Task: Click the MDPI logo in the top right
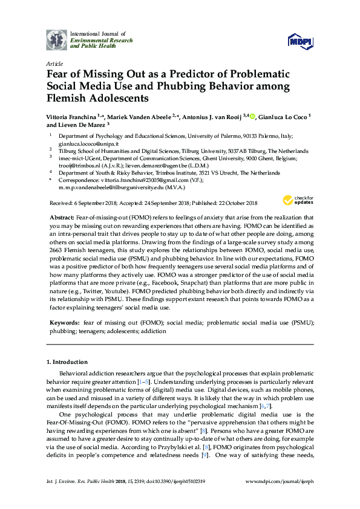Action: pos(300,41)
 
